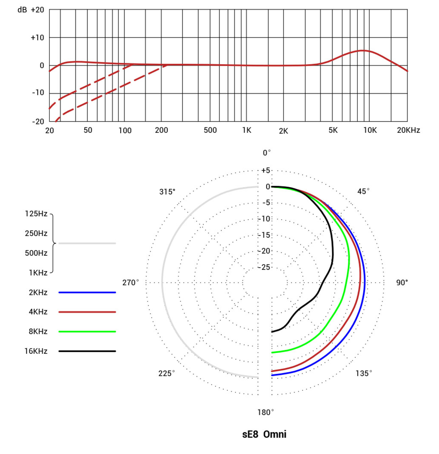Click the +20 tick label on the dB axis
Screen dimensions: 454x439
pos(37,10)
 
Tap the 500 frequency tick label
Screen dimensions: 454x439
pos(211,131)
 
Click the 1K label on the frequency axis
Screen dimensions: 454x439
pos(246,131)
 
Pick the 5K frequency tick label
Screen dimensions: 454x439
pos(333,131)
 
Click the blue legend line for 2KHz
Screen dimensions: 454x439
pos(87,292)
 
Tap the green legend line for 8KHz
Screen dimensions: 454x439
pos(87,331)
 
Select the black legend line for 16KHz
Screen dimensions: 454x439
pos(87,351)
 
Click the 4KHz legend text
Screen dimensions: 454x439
pos(38,312)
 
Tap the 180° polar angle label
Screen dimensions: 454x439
pos(266,412)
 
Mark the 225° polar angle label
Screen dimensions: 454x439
pos(167,374)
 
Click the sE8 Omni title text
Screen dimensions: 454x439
pos(264,435)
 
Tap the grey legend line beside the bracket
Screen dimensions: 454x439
pos(87,243)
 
